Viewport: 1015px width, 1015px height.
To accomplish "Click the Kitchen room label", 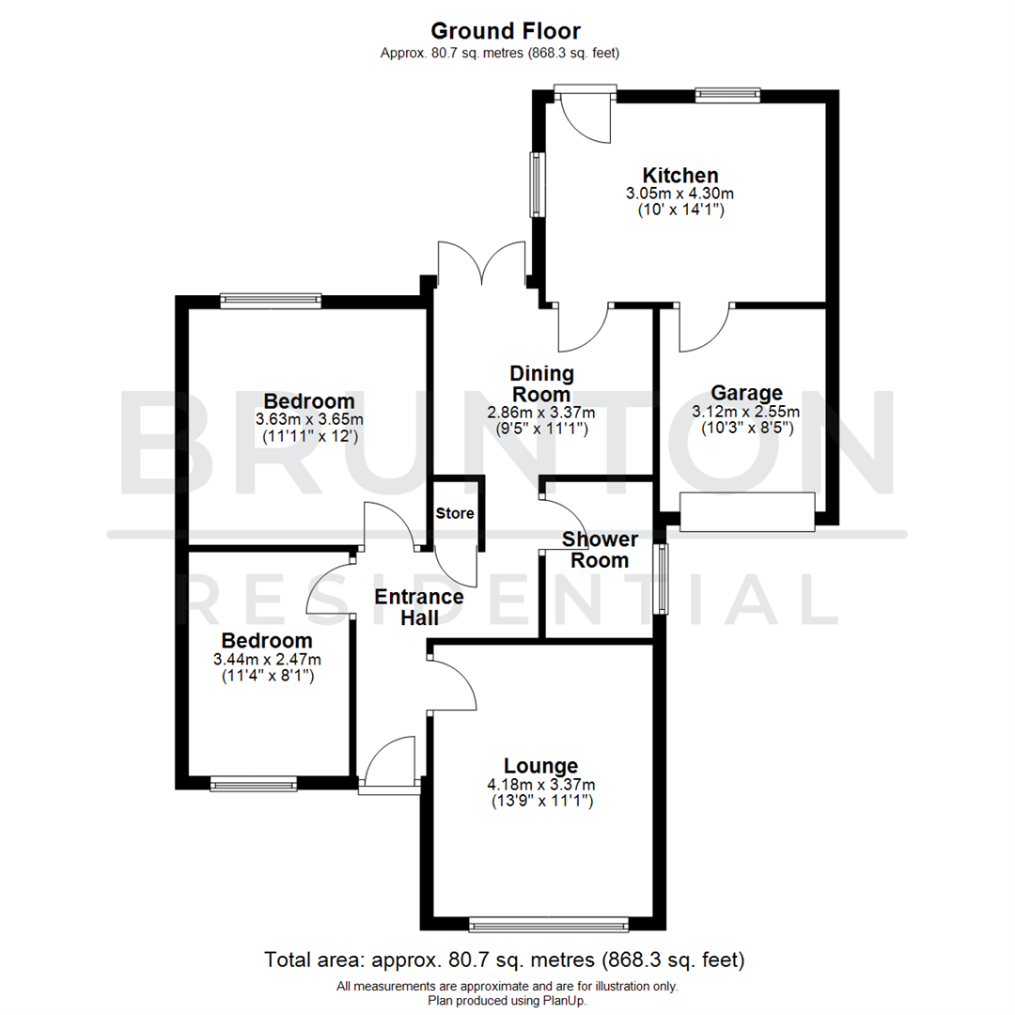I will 680,175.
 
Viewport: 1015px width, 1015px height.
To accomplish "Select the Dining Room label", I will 541,383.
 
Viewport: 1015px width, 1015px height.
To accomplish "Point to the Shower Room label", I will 600,550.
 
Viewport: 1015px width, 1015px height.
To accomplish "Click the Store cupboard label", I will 455,514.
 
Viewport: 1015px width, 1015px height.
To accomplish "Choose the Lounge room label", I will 540,766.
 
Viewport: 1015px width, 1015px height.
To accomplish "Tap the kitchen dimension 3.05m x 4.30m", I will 680,194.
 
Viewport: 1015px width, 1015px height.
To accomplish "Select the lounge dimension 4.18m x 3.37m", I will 541,785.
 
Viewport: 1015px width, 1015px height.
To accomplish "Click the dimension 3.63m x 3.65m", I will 309,419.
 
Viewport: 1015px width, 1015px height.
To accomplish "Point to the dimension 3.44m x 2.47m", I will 268,659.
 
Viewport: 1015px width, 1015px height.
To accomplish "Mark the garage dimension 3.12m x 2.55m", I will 746,412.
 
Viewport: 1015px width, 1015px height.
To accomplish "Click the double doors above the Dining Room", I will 481,263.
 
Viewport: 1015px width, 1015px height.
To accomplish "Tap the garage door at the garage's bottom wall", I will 746,512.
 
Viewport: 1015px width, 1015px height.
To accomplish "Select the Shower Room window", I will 664,579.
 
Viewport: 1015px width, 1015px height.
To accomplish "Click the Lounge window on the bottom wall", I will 549,926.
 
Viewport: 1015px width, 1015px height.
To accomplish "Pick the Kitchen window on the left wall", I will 538,184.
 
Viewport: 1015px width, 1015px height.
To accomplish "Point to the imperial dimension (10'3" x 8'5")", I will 746,428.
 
